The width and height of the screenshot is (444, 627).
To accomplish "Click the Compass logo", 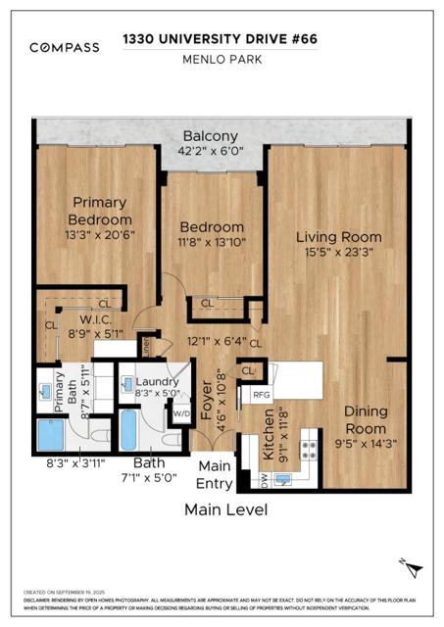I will pyautogui.click(x=64, y=47).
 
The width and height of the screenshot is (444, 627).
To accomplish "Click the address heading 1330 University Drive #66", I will pyautogui.click(x=221, y=39).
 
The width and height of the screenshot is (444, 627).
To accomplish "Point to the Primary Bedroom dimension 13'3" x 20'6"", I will pyautogui.click(x=99, y=234).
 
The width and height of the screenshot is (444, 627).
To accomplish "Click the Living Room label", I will pyautogui.click(x=341, y=237).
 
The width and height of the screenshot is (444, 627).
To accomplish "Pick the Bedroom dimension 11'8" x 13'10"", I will pyautogui.click(x=211, y=242).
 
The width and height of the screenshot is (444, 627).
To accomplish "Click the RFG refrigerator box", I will pyautogui.click(x=262, y=395).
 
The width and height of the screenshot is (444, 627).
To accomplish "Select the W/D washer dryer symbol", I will pyautogui.click(x=181, y=410).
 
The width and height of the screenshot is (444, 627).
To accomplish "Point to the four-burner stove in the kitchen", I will pyautogui.click(x=307, y=449).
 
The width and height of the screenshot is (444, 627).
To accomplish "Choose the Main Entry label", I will pyautogui.click(x=216, y=475).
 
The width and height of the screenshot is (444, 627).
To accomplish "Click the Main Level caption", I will pyautogui.click(x=225, y=509).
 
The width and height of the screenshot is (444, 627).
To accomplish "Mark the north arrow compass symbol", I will pyautogui.click(x=414, y=566).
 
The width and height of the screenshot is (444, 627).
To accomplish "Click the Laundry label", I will pyautogui.click(x=156, y=382).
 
